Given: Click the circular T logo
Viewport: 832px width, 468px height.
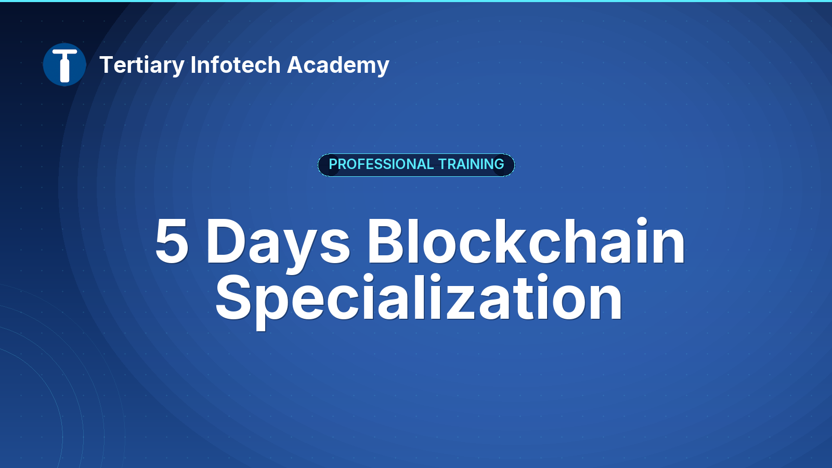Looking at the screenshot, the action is click(64, 64).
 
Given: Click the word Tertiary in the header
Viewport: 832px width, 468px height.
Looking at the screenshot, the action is click(142, 66).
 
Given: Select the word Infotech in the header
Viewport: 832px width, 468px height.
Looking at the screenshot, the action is click(236, 64).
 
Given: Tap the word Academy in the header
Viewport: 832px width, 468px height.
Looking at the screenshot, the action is click(338, 66).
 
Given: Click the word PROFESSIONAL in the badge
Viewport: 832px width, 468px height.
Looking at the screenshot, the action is click(381, 164).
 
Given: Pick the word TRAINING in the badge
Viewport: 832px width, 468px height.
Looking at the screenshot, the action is click(471, 164).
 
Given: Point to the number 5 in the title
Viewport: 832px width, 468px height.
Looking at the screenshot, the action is click(172, 241).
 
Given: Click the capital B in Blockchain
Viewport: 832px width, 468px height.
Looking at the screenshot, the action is click(385, 241).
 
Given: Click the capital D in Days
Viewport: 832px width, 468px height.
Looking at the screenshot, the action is click(227, 241).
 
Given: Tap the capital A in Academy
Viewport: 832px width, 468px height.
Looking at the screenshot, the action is click(297, 64).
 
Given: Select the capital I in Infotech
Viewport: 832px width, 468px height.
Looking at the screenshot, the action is click(193, 64).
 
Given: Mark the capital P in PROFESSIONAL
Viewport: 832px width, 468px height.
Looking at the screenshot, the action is click(333, 164).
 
